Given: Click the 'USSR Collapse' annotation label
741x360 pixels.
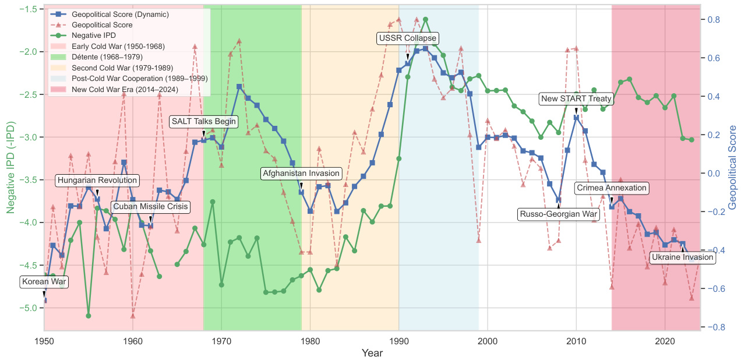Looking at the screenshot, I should point(407,38).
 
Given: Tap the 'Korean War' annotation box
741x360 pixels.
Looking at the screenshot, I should point(44,282).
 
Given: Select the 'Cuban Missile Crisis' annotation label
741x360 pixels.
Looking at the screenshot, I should point(150,207).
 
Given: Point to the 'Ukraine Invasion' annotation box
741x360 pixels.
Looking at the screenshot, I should point(682,257).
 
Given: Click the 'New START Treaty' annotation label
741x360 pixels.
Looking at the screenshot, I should point(576,99).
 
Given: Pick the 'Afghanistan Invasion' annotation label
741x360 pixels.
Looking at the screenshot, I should point(301,174).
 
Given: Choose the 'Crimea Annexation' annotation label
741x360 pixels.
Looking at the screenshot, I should point(611,188).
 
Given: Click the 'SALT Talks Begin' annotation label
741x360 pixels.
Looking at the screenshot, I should point(203,122).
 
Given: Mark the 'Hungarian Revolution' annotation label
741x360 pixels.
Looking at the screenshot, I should point(97,181).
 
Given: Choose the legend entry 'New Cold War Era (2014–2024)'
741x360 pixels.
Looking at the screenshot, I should point(125,89).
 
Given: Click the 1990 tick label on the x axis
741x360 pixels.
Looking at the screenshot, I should point(399,341).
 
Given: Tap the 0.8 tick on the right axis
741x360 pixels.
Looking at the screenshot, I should point(714,20).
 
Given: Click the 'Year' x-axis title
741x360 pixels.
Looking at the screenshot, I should point(372,353).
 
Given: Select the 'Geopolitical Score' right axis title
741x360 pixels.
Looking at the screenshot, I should point(733,167).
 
